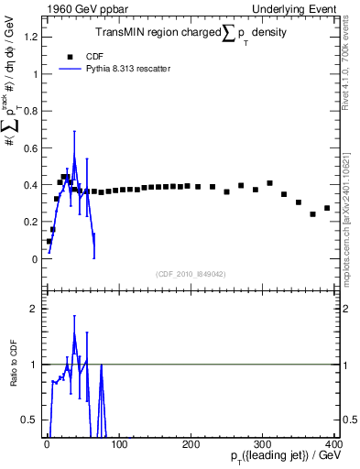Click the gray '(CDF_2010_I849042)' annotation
[x=191, y=273]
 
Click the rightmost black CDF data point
[x=327, y=208]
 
